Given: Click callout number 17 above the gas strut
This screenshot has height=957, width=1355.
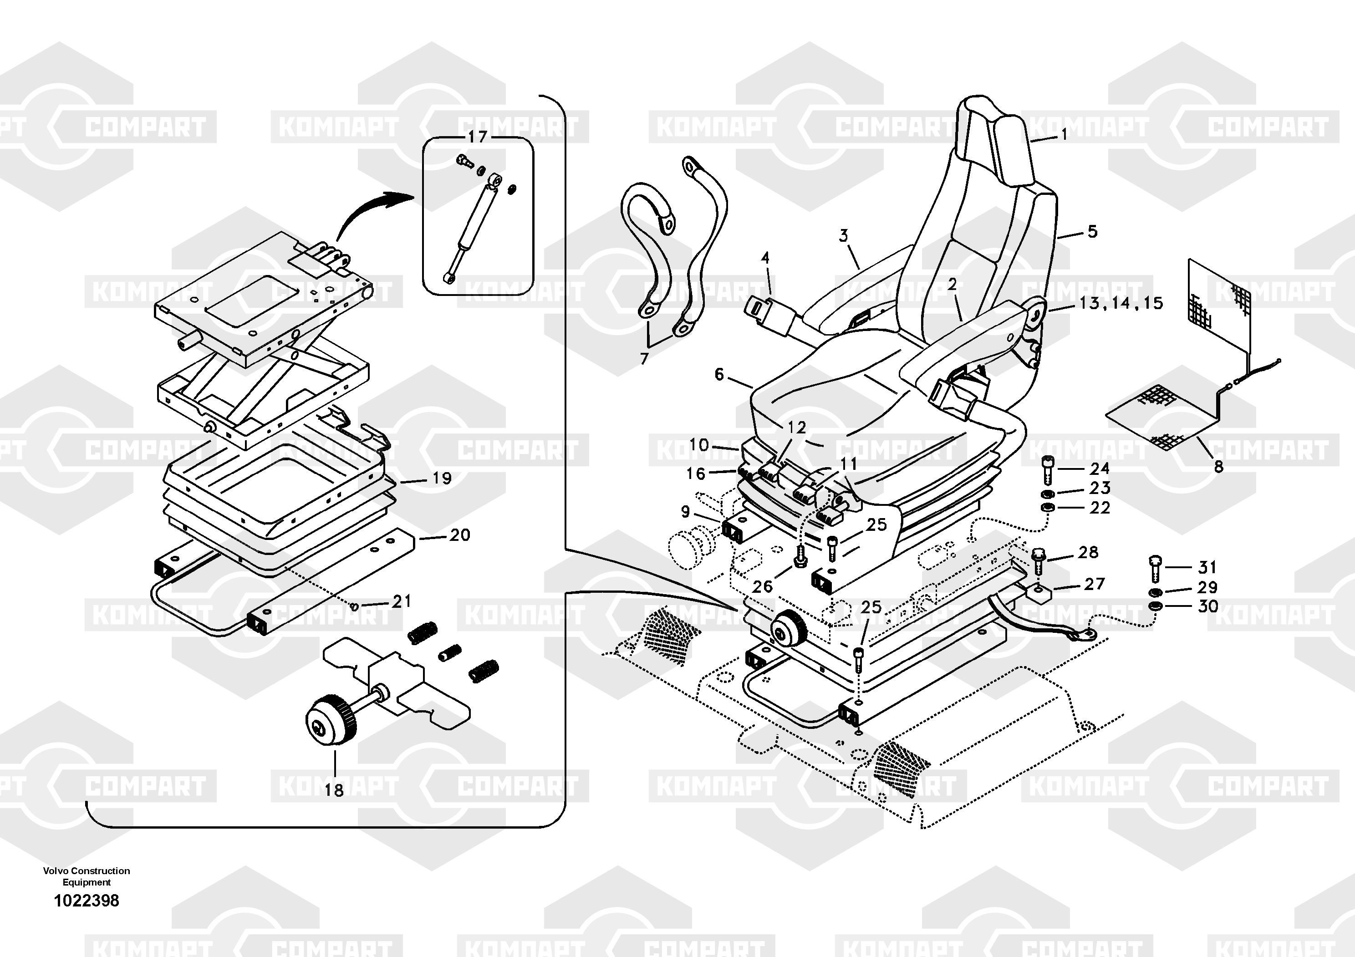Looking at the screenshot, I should (478, 137).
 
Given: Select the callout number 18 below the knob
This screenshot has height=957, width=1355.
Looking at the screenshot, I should (334, 790).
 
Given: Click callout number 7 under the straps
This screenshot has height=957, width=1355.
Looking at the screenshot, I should (644, 358).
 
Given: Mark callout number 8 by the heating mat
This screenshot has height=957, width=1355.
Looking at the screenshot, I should (1218, 467).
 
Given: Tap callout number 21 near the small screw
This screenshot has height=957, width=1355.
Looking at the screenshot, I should (401, 602).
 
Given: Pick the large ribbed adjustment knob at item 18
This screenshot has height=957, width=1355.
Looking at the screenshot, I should (331, 721).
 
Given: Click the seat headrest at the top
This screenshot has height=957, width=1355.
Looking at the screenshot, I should (998, 142).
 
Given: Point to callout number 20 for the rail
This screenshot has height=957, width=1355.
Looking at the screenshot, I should (460, 535).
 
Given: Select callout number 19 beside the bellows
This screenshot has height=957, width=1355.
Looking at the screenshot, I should (442, 478).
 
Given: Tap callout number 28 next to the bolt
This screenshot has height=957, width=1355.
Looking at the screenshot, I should (1088, 552).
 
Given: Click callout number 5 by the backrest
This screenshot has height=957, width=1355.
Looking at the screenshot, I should (1092, 232).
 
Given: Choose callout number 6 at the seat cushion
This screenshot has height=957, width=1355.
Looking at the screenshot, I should (719, 374).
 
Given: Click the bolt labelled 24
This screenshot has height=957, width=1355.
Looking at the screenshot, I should (1047, 469).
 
